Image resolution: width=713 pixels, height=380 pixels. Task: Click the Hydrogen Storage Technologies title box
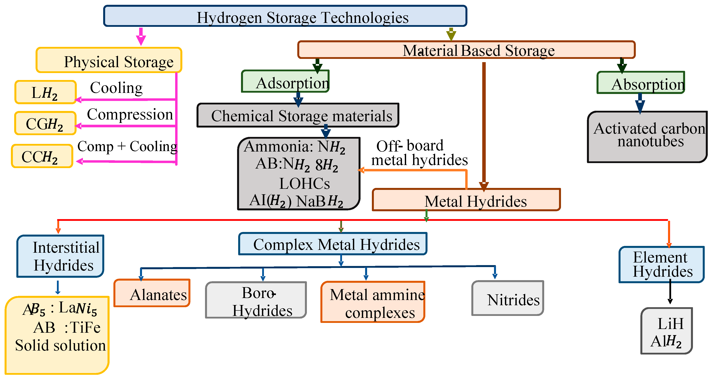[285, 16]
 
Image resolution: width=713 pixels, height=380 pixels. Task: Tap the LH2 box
[45, 92]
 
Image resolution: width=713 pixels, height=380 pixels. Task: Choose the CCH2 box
[42, 156]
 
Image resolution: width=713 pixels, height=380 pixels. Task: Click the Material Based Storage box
[466, 50]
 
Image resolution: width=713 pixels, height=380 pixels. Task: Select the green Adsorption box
[285, 82]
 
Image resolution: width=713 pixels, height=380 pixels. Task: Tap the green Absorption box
[641, 83]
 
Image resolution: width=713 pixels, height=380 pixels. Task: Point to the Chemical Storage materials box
[298, 115]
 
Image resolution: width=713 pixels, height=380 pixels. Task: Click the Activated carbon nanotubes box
[647, 137]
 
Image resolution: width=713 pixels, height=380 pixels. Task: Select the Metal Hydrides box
[466, 200]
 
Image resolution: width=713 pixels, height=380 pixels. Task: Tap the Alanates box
[152, 293]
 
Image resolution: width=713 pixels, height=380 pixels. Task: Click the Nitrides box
[508, 299]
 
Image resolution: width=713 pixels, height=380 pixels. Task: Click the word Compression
[130, 114]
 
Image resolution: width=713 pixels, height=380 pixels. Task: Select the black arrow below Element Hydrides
[670, 292]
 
